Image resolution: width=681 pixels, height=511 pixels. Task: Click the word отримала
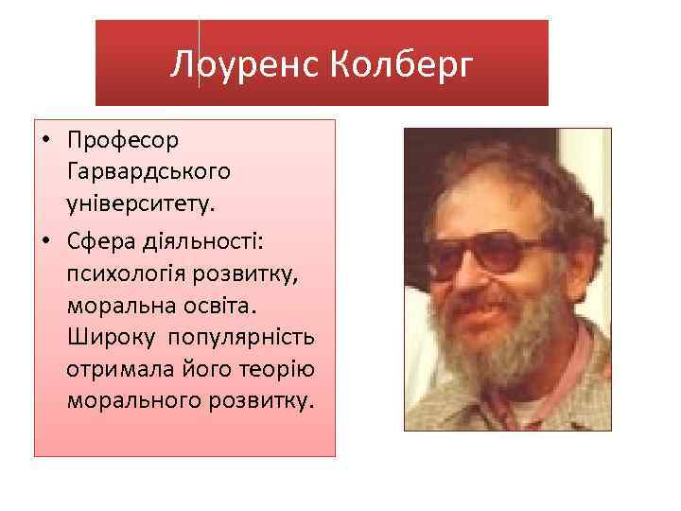(x=115, y=370)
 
